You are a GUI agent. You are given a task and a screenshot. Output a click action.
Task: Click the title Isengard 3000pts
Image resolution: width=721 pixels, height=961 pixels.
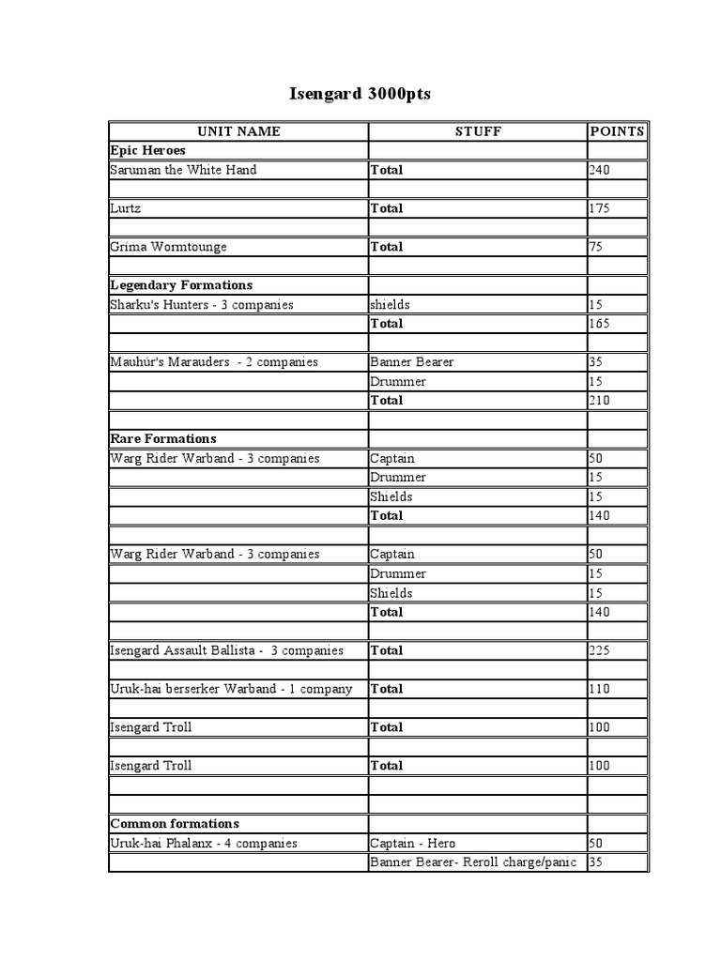(x=360, y=95)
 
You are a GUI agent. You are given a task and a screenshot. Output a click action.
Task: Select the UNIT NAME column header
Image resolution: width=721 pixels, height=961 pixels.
(x=238, y=131)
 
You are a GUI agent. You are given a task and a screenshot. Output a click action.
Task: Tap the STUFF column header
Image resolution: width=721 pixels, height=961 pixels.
(x=478, y=131)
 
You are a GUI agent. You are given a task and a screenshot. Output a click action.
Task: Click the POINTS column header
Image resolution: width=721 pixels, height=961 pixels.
(x=617, y=131)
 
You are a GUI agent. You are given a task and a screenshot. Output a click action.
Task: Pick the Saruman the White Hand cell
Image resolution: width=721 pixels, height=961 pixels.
(x=183, y=170)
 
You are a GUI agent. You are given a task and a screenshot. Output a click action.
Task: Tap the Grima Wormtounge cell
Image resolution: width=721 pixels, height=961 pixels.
(x=168, y=247)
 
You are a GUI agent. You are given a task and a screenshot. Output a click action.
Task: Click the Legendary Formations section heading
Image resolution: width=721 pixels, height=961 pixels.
(x=181, y=285)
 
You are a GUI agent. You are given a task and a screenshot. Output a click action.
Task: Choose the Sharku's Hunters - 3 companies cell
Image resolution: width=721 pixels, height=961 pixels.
(x=202, y=305)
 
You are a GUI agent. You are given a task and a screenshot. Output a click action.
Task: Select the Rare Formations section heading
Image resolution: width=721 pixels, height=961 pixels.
(x=163, y=439)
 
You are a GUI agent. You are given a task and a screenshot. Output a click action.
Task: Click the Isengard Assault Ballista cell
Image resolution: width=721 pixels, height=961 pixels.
(x=227, y=650)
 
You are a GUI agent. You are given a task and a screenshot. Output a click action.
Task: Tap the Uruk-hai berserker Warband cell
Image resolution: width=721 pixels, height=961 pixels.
(x=231, y=689)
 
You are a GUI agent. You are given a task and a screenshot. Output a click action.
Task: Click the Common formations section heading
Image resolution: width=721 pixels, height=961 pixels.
(x=175, y=824)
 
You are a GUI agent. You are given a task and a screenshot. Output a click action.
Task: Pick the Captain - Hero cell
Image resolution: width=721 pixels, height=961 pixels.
(x=413, y=843)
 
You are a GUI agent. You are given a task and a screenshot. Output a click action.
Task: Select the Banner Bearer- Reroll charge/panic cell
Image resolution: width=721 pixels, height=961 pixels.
(x=472, y=862)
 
